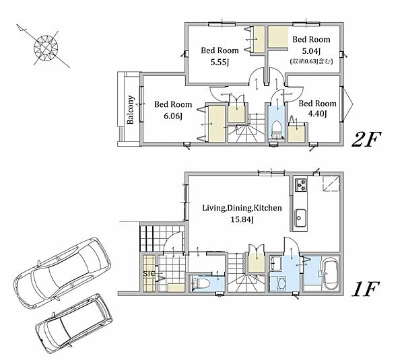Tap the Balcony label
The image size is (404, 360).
[131, 110]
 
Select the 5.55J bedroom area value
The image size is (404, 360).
[220, 62]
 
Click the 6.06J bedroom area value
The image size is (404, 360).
[173, 116]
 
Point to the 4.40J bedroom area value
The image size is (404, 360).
[317, 114]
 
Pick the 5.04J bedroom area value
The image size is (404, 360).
[311, 51]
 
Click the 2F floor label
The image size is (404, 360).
[366, 139]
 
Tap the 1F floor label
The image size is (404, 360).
[366, 289]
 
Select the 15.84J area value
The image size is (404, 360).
[242, 219]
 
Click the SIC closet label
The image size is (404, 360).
[149, 273]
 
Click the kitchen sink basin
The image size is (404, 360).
[300, 219]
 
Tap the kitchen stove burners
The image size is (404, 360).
[301, 185]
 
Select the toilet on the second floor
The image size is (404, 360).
[277, 129]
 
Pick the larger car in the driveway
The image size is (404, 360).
[63, 273]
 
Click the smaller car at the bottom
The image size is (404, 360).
[74, 324]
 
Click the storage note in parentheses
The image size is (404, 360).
[311, 61]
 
